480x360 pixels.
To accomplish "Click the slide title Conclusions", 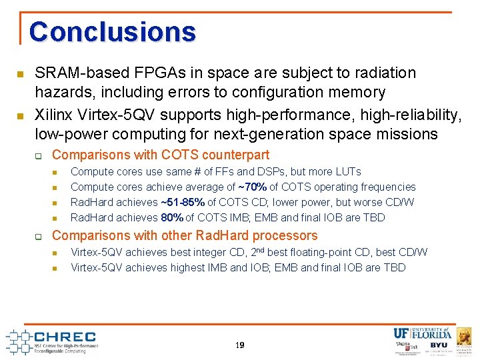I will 112,31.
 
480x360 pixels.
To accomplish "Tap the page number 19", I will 239,345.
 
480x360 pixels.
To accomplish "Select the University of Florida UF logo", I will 402,333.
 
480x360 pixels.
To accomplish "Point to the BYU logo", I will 439,346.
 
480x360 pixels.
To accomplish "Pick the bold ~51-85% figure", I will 182,202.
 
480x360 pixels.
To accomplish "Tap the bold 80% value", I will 172,217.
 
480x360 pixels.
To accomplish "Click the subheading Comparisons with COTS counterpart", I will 161,155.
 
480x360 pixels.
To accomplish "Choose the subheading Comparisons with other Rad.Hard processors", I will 185,235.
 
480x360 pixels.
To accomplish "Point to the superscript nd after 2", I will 263,249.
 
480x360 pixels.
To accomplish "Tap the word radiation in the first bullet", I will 390,73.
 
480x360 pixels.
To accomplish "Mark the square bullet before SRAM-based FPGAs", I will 21,73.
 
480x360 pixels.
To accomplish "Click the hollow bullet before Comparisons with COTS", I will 39,155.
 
